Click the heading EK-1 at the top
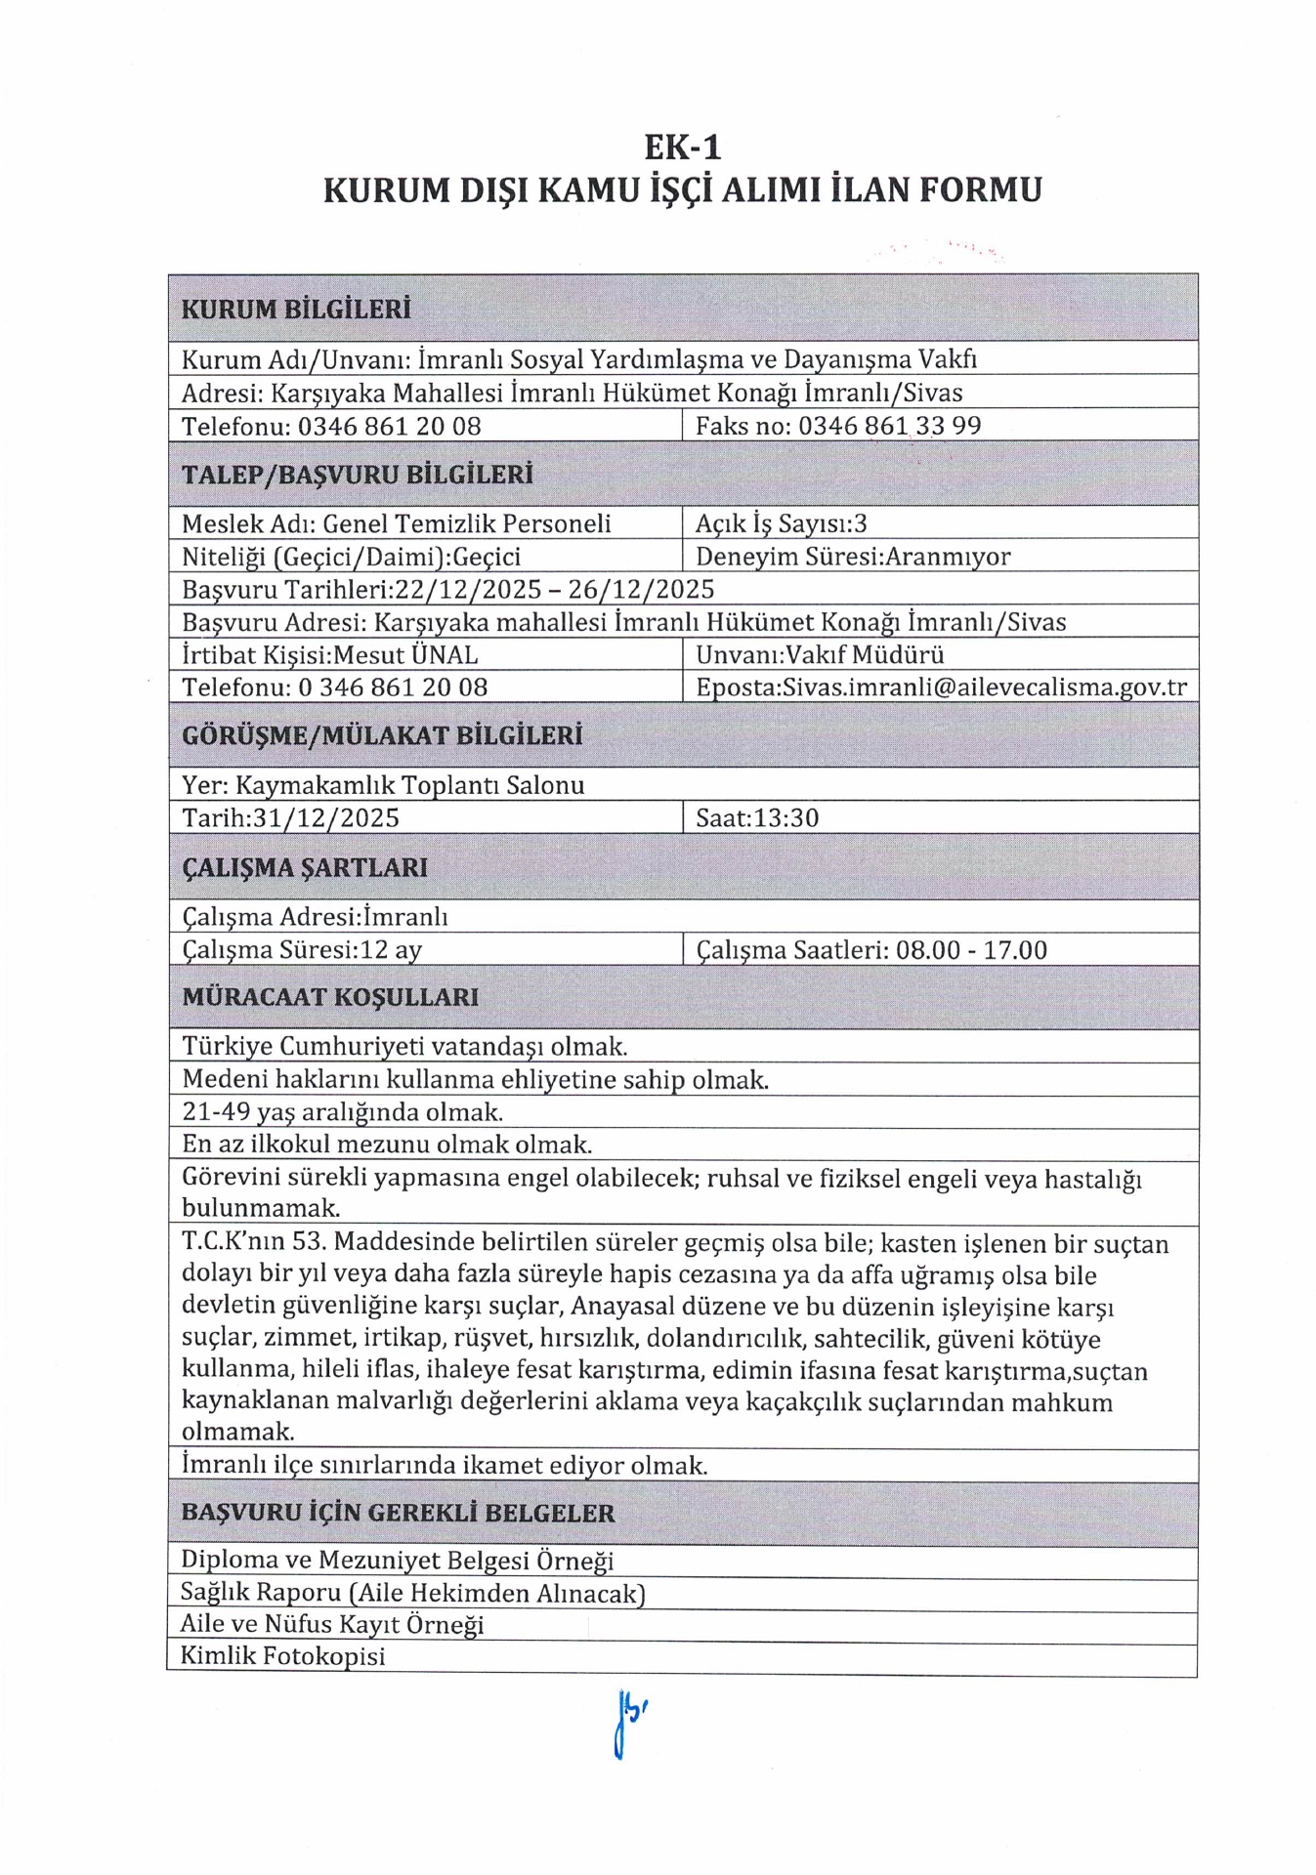pyautogui.click(x=682, y=147)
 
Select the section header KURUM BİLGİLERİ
pyautogui.click(x=296, y=310)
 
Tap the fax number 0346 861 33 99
pyautogui.click(x=889, y=426)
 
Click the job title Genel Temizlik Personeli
pyautogui.click(x=466, y=523)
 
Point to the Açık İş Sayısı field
pyautogui.click(x=781, y=523)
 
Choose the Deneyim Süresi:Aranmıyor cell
pyautogui.click(x=852, y=557)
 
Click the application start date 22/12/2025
pyautogui.click(x=467, y=590)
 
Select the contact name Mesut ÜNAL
pyautogui.click(x=405, y=654)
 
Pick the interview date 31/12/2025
pyautogui.click(x=325, y=817)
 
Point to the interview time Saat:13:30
pyautogui.click(x=756, y=817)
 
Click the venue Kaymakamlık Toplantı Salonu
pyautogui.click(x=410, y=785)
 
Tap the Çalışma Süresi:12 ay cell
pyautogui.click(x=302, y=950)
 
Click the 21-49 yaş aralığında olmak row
pyautogui.click(x=342, y=1112)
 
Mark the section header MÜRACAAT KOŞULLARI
pyautogui.click(x=330, y=997)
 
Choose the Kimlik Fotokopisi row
pyautogui.click(x=283, y=1656)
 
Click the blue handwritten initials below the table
pyautogui.click(x=629, y=1725)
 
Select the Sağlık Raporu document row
pyautogui.click(x=412, y=1594)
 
